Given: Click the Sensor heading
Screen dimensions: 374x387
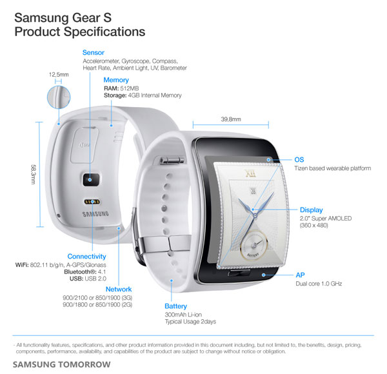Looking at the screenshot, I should [x=94, y=52].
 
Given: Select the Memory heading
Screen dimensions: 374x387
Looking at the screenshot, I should [x=116, y=79].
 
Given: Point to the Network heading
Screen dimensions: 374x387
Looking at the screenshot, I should [x=118, y=290].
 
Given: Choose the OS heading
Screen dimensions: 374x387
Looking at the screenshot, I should [x=299, y=159].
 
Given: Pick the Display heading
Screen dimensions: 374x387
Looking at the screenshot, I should [x=311, y=210].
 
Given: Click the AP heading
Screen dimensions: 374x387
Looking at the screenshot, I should [x=300, y=274].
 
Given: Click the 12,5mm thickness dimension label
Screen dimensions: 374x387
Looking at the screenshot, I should [x=59, y=75].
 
